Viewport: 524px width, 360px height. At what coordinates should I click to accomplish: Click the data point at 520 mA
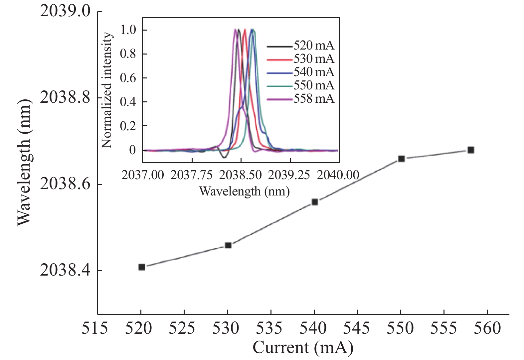142,267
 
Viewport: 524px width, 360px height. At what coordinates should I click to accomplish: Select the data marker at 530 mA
228,245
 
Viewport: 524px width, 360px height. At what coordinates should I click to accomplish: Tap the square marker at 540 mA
315,202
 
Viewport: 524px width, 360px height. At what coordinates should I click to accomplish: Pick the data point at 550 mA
402,159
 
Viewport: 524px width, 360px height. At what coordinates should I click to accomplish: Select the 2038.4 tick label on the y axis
60,271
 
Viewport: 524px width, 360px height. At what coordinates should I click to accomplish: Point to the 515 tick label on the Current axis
95,328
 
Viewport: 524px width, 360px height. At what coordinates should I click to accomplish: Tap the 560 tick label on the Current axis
487,328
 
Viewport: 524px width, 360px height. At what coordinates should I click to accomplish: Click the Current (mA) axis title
303,348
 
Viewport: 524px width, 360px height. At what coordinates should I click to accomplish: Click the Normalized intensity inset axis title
107,90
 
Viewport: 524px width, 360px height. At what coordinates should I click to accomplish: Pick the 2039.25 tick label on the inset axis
289,175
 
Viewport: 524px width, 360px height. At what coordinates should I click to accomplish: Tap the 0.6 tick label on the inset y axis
128,78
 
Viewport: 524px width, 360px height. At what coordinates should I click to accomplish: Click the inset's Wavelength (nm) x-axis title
244,191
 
